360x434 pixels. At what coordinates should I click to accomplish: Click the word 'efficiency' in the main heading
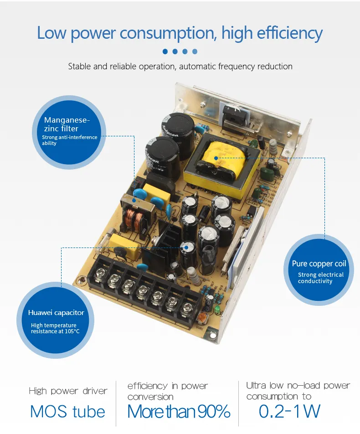click(290, 33)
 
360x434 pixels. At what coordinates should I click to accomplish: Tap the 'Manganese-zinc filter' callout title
click(67, 124)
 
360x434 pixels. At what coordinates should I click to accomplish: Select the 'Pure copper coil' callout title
click(319, 264)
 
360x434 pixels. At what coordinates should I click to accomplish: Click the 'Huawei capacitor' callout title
click(56, 313)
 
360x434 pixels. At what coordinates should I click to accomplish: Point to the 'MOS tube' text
click(67, 411)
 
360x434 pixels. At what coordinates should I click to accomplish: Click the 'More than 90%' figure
click(179, 411)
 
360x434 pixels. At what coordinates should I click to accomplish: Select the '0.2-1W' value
click(289, 411)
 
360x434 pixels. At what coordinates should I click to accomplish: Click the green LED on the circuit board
click(217, 309)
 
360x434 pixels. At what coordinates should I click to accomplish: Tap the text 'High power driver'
click(68, 391)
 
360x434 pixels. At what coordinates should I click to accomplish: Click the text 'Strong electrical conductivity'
click(321, 278)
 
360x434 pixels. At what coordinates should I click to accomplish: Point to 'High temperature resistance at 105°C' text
click(55, 328)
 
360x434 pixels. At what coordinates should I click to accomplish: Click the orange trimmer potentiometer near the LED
click(201, 318)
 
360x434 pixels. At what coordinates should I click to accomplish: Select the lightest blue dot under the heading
click(195, 52)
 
